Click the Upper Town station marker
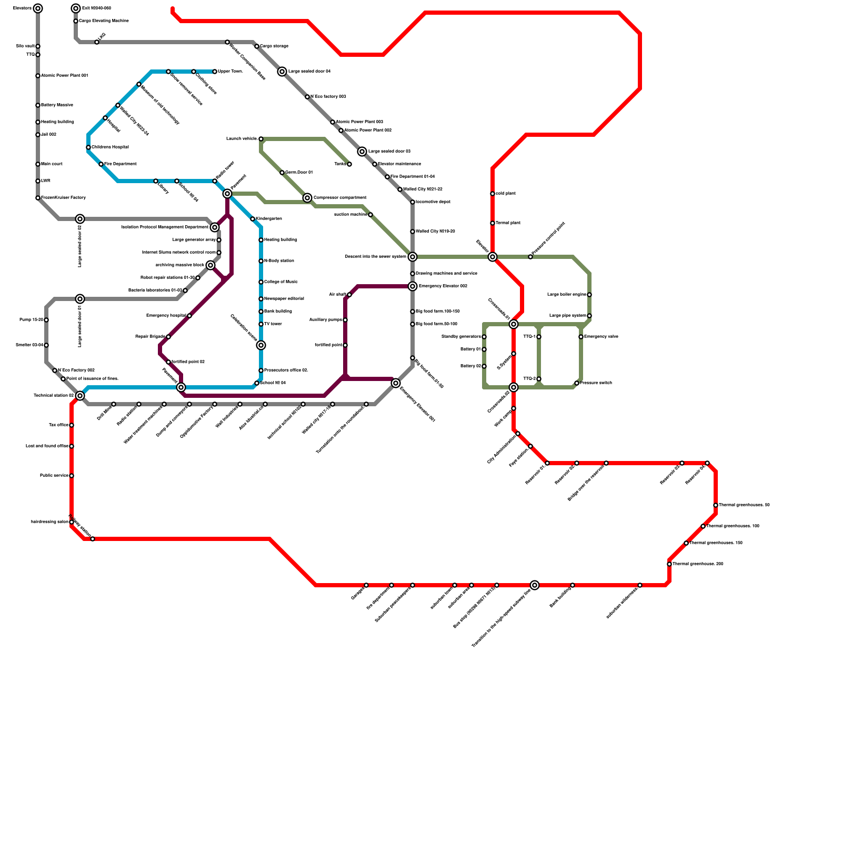(215, 72)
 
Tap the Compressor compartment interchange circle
(308, 198)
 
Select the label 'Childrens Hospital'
(111, 147)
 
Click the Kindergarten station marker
(253, 219)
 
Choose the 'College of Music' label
(281, 282)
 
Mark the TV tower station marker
(261, 324)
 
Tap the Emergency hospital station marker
(189, 316)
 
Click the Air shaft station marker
(349, 295)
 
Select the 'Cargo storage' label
(274, 46)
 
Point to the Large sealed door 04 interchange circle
(283, 72)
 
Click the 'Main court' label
(52, 164)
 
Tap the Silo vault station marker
(38, 46)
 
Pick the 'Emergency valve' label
(601, 337)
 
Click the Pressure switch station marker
(577, 383)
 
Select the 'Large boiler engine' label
(567, 295)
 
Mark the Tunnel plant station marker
(493, 223)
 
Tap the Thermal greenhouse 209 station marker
(669, 564)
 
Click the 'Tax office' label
(58, 425)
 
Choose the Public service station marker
(72, 476)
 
